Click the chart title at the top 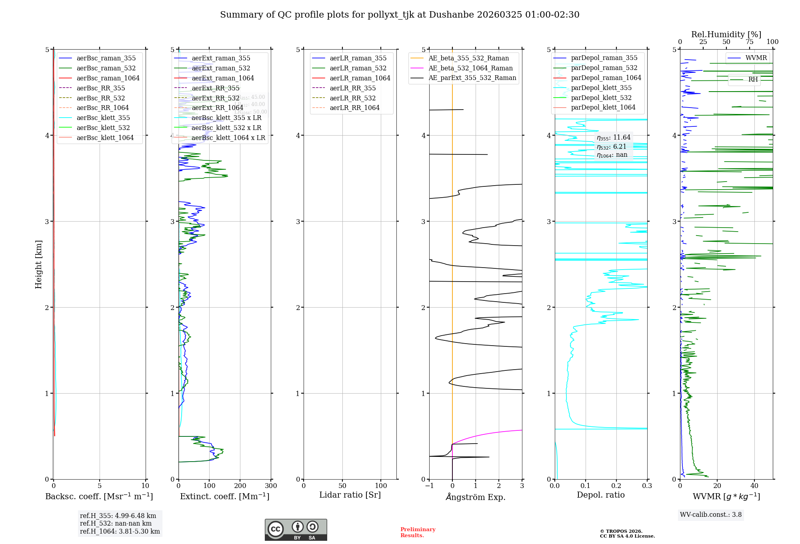[400, 15]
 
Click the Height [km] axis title [38, 264]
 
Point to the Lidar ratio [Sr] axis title [350, 495]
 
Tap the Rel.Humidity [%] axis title [726, 34]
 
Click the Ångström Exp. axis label [476, 497]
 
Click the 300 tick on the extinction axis [271, 486]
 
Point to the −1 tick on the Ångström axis [429, 486]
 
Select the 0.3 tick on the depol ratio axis [647, 486]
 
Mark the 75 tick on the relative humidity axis [750, 42]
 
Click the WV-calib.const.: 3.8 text [711, 515]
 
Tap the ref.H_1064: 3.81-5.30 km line [120, 532]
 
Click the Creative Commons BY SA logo [296, 530]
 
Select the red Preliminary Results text [418, 532]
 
